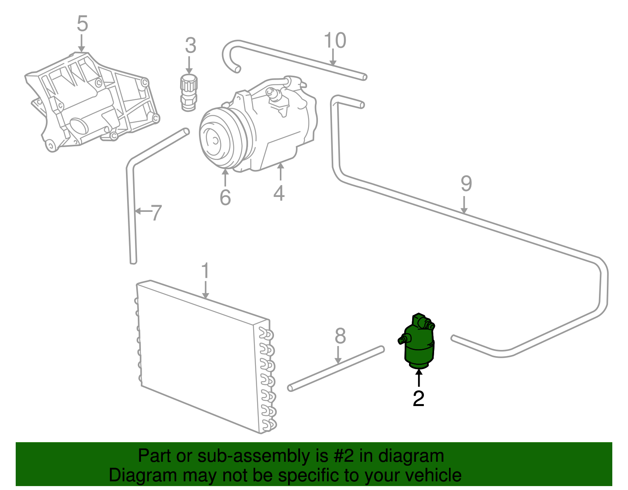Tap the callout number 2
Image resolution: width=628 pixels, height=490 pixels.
click(x=419, y=399)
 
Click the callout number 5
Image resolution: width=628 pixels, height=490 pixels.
click(x=82, y=24)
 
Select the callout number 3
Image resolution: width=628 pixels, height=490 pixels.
click(x=190, y=46)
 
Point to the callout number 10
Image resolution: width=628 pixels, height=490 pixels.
click(x=335, y=40)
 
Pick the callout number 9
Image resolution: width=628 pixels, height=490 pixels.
click(x=466, y=184)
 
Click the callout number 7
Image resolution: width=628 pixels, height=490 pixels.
click(x=156, y=213)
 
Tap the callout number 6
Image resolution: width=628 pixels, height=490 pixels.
click(x=225, y=197)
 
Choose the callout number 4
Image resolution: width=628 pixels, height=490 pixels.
click(x=279, y=193)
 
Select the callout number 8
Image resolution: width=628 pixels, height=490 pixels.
click(x=340, y=336)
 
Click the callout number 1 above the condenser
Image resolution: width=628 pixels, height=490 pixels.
click(x=205, y=271)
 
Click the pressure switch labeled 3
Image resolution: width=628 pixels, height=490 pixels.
click(x=189, y=93)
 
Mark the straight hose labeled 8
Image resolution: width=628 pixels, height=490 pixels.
click(x=336, y=368)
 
